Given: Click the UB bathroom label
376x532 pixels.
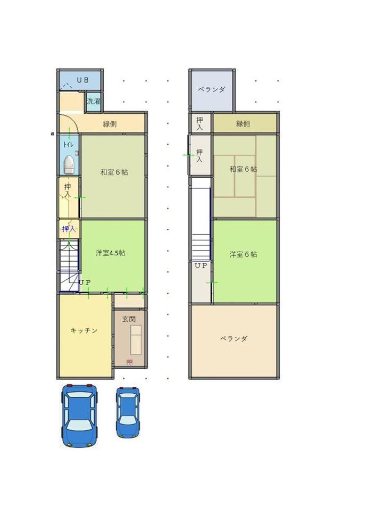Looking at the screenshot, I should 82,80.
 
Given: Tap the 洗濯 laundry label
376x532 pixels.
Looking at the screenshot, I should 94,101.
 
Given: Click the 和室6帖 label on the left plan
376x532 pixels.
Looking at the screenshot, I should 114,172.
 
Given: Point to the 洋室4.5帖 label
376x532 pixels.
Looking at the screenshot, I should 111,253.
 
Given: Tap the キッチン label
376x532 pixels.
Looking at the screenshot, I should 84,330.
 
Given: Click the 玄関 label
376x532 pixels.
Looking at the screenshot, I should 129,319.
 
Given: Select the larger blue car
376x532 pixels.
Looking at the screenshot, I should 80,415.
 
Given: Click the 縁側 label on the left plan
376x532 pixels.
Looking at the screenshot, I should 110,124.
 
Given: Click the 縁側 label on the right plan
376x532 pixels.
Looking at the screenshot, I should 243,124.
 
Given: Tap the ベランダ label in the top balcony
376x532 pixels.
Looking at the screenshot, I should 212,90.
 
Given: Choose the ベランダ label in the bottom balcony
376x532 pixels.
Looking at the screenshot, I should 234,338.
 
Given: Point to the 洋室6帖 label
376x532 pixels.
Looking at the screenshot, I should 244,254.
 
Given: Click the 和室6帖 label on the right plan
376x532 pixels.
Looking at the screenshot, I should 244,169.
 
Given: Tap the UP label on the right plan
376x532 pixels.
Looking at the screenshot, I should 201,265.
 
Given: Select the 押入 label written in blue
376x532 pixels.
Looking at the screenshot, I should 68,229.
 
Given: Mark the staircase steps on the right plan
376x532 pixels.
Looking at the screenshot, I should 201,246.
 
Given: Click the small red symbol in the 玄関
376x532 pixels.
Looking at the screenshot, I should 129,362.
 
